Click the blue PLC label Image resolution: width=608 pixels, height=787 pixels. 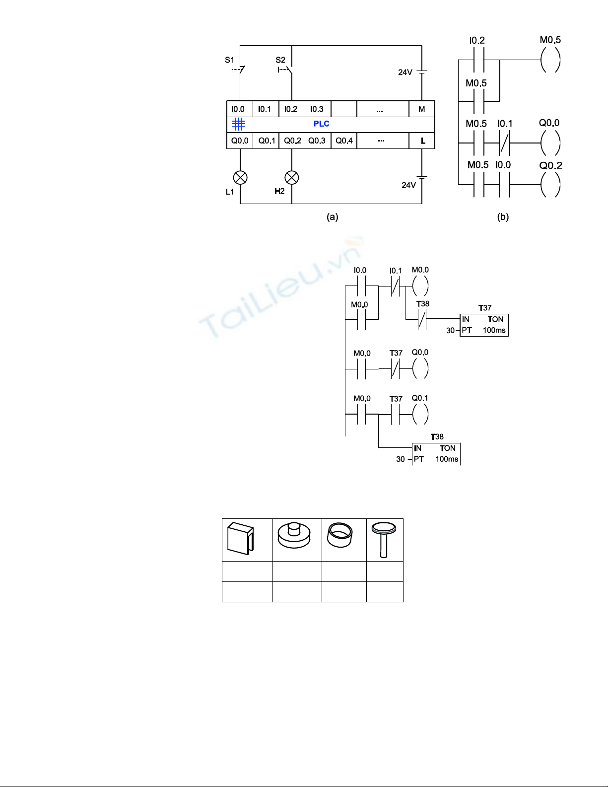coord(322,124)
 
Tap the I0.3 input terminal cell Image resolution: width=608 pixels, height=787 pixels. coord(318,109)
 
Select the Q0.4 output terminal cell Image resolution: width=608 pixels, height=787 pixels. coord(344,141)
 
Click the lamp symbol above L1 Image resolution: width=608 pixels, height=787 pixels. coord(240,178)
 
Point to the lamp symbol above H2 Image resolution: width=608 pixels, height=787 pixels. coord(292,178)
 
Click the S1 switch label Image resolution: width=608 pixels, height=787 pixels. coord(229,60)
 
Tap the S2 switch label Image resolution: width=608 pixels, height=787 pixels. coord(280,60)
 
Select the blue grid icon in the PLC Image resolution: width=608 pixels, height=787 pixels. coord(239,124)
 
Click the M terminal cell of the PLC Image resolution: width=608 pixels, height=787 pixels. coord(421,109)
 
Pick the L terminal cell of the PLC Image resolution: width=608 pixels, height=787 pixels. coord(422,141)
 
